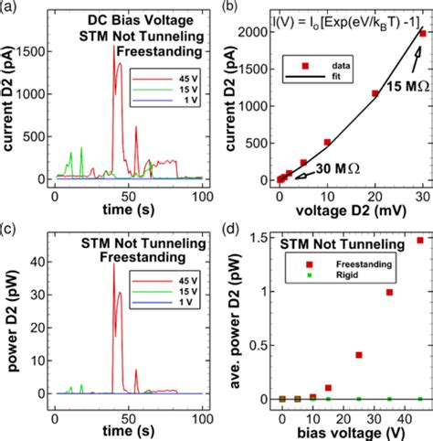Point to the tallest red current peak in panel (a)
[114, 48]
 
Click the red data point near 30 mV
[422, 33]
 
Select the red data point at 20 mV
[375, 93]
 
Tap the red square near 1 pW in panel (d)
[390, 293]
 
